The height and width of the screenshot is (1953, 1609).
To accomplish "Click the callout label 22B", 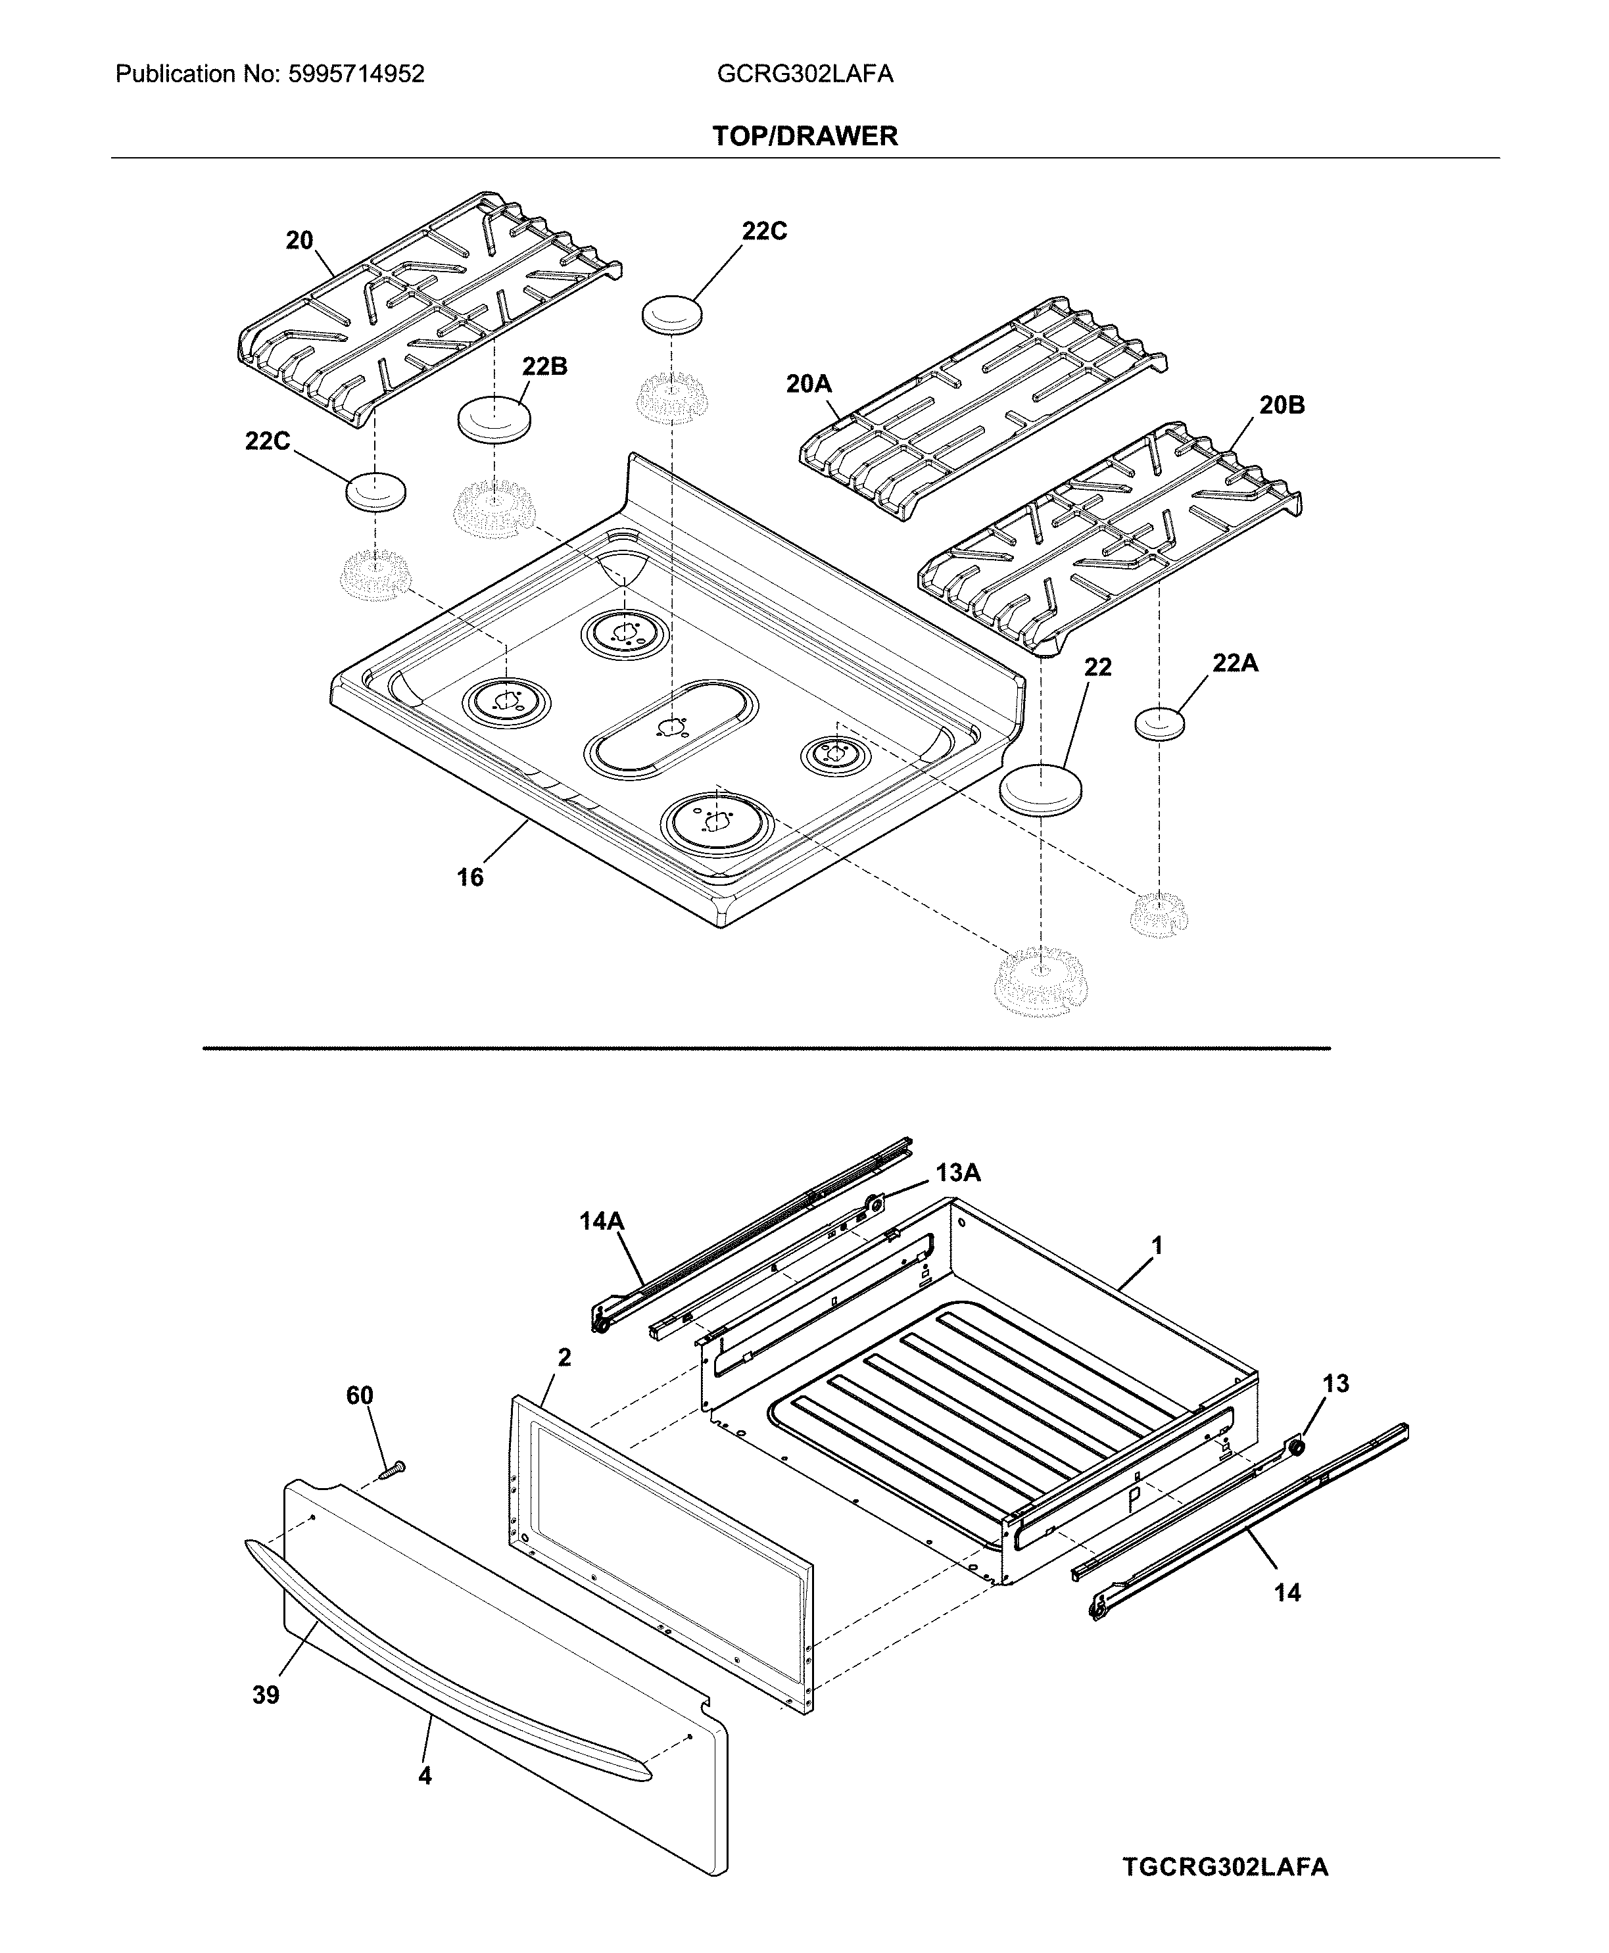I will point(544,366).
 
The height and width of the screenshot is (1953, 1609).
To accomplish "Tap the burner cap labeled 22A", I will point(1159,724).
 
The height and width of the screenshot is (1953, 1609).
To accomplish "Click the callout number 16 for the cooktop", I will point(470,877).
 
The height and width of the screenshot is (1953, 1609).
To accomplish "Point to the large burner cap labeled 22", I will point(1041,790).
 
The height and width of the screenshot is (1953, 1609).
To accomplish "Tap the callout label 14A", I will point(602,1222).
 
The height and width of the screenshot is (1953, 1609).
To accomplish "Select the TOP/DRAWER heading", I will point(805,136).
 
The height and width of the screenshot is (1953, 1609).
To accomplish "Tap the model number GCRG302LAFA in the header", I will point(805,74).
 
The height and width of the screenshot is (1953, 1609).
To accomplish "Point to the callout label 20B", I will point(1282,405).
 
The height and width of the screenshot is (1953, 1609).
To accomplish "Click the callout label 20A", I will point(808,383).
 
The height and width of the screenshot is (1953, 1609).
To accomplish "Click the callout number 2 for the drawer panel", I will point(564,1357).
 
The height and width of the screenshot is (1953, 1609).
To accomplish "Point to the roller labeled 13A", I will point(872,1204).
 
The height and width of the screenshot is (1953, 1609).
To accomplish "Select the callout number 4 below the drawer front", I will point(425,1776).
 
